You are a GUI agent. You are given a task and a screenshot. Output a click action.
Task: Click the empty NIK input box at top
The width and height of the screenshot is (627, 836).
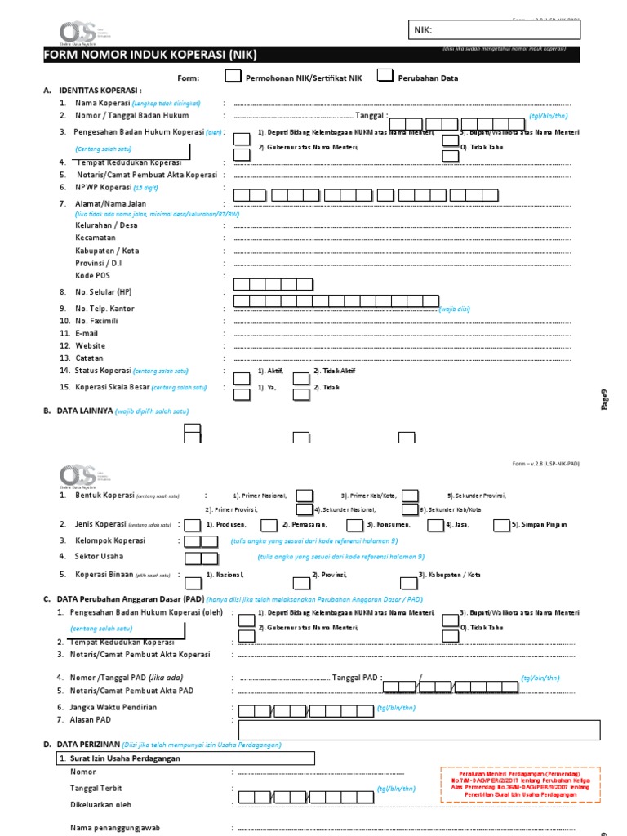(495, 30)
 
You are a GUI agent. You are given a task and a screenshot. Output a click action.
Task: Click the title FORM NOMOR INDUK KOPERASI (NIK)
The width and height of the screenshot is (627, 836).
(150, 55)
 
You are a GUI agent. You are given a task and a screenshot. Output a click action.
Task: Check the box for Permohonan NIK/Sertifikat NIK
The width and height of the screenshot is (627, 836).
(233, 77)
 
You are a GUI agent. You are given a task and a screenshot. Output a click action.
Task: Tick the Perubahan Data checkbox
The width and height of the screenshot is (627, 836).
(385, 77)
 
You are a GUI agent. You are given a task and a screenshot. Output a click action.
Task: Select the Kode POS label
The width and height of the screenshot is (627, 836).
(91, 276)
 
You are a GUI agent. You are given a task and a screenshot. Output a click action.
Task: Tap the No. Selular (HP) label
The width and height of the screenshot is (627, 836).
(103, 291)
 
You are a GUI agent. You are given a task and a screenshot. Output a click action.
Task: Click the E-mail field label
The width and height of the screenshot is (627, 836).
(87, 333)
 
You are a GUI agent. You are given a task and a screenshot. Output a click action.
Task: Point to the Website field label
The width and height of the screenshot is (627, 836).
(90, 345)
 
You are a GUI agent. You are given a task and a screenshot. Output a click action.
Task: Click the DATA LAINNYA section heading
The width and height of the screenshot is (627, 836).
(83, 411)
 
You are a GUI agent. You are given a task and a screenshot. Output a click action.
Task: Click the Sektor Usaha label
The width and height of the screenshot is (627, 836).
(100, 555)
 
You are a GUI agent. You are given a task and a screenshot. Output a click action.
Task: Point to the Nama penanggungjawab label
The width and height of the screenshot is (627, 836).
(115, 827)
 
